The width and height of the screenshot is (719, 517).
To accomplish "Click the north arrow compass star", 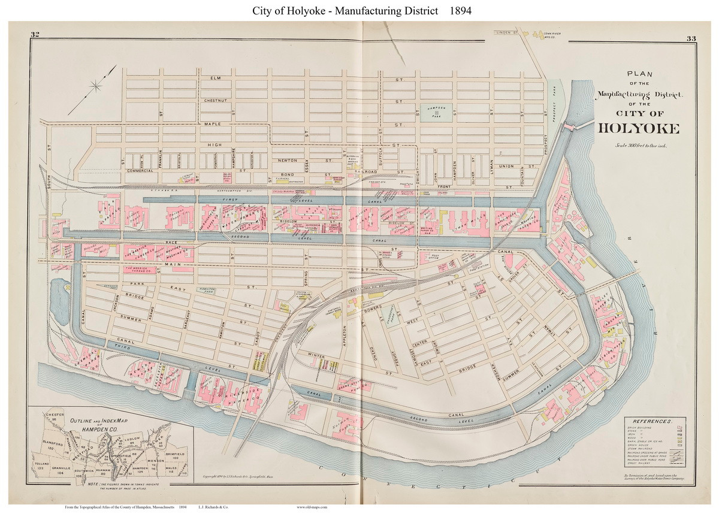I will (96, 87).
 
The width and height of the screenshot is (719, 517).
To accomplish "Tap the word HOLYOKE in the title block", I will (638, 128).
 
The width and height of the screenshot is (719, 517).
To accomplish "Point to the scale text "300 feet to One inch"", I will (638, 146).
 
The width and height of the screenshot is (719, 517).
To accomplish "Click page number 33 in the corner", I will (691, 40).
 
